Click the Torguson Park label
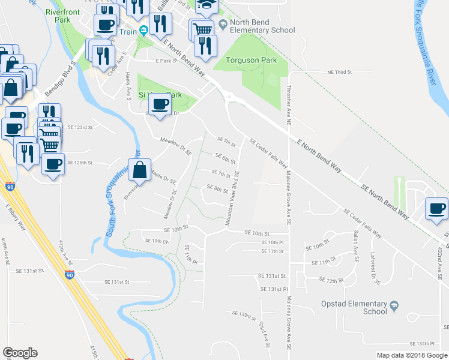click(252, 60)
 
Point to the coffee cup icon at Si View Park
click(159, 104)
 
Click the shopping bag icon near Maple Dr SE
click(139, 170)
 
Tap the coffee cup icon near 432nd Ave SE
click(436, 208)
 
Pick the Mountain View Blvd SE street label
click(233, 197)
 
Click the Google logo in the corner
click(20, 353)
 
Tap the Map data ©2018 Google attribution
click(412, 355)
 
